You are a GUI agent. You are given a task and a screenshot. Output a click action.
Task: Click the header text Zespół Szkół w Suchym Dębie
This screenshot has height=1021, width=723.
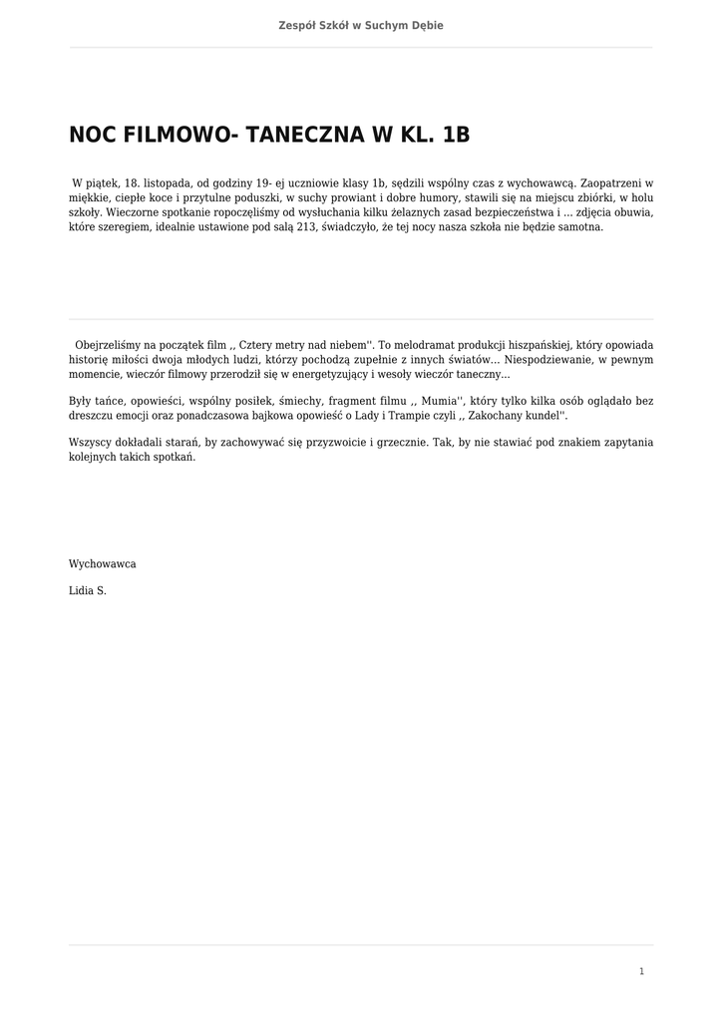[x=361, y=25]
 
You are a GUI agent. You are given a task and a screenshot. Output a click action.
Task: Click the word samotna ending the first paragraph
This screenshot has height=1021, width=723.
[x=576, y=226]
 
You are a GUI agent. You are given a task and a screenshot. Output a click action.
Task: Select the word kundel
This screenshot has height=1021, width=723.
[x=538, y=415]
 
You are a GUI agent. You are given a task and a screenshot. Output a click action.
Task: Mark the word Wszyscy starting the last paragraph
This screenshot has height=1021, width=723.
[x=91, y=443]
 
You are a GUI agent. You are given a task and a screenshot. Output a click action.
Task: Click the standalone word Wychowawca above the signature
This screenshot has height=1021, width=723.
[x=103, y=564]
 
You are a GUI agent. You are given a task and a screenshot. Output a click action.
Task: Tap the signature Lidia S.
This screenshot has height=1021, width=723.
[x=88, y=590]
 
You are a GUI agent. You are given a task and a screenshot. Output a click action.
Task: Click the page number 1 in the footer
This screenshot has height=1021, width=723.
[x=641, y=971]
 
